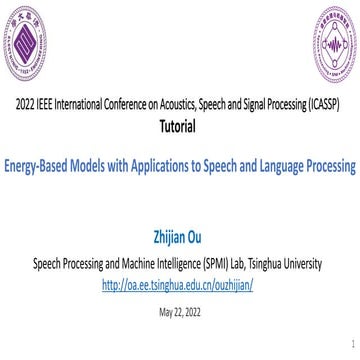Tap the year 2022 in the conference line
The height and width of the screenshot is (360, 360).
pyautogui.click(x=26, y=106)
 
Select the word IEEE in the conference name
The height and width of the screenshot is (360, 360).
pyautogui.click(x=49, y=106)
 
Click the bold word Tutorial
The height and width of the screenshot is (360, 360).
pyautogui.click(x=179, y=127)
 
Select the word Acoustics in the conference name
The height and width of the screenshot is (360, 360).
pyautogui.click(x=178, y=106)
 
